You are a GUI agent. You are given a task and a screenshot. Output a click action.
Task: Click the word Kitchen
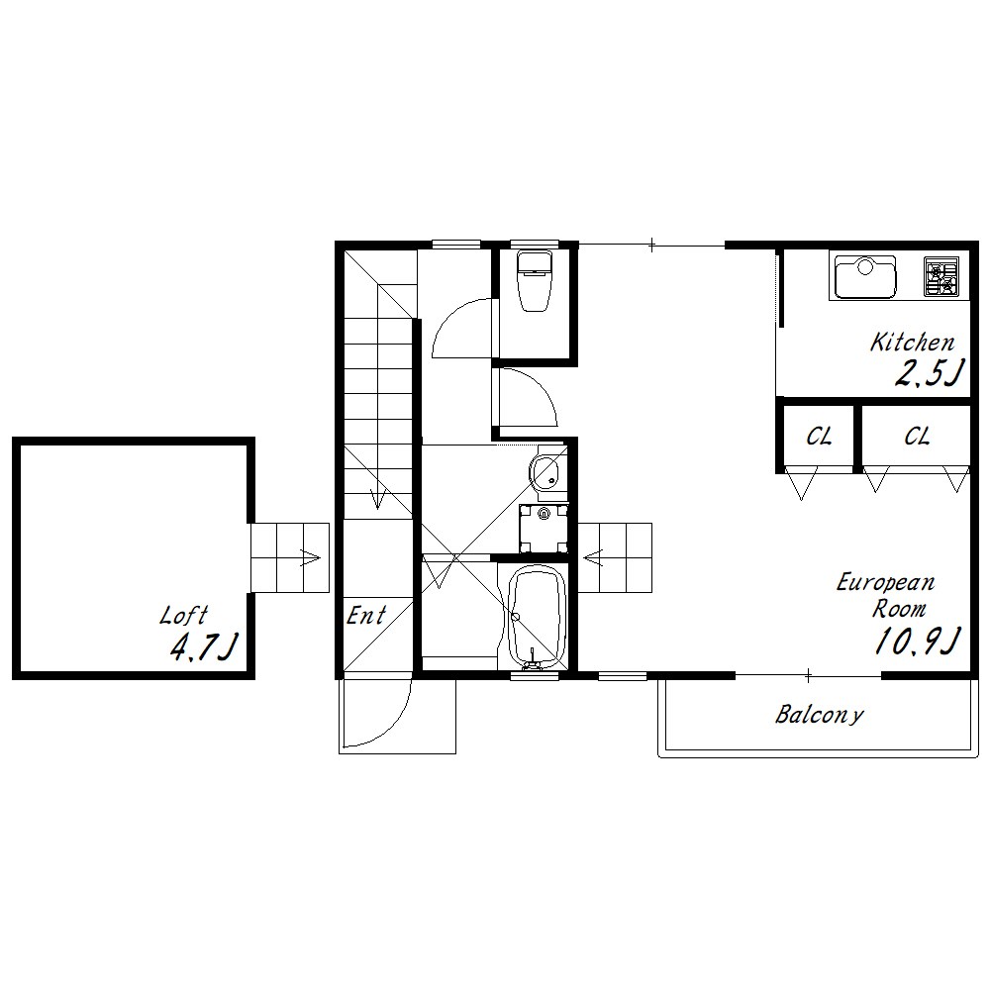coord(913,343)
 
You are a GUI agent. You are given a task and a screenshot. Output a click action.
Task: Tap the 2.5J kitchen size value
coord(930,373)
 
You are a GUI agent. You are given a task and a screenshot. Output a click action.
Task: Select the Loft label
coord(184,615)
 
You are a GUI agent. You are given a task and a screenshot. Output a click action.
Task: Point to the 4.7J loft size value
coord(204,646)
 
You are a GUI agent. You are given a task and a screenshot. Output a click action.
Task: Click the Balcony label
coord(819,714)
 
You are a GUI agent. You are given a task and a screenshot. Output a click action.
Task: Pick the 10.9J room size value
coord(918,641)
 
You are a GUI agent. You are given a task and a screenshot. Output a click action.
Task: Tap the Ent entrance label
coord(366,615)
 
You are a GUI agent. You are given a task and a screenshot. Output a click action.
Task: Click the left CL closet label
coord(819,437)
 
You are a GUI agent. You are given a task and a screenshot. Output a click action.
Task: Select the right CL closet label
coord(917,437)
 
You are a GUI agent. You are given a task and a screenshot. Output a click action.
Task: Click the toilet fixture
coord(535,280)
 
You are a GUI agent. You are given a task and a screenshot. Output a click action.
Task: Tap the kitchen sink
coord(864,276)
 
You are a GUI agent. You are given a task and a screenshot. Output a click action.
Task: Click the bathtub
coord(537,616)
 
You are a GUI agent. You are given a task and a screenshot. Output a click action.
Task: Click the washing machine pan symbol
coord(544,528)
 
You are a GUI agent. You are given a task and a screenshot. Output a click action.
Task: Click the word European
coord(885,582)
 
